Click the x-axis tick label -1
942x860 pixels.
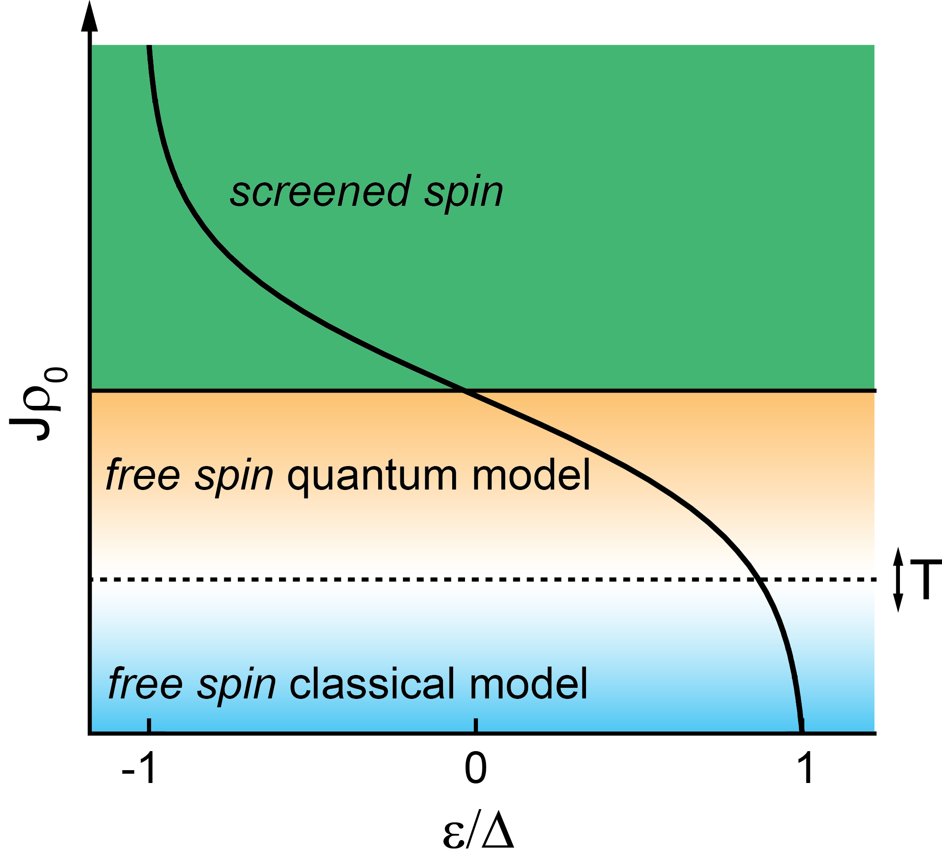(139, 768)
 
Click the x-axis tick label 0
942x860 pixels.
(476, 768)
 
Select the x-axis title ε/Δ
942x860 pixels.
(478, 832)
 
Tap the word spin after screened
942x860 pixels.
(464, 193)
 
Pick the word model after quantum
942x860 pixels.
(531, 475)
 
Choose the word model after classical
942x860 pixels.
(528, 683)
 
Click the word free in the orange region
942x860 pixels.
(143, 475)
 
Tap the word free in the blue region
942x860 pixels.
(145, 683)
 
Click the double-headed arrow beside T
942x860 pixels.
(898, 579)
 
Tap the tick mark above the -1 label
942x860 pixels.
(149, 725)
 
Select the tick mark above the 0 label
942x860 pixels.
(476, 725)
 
